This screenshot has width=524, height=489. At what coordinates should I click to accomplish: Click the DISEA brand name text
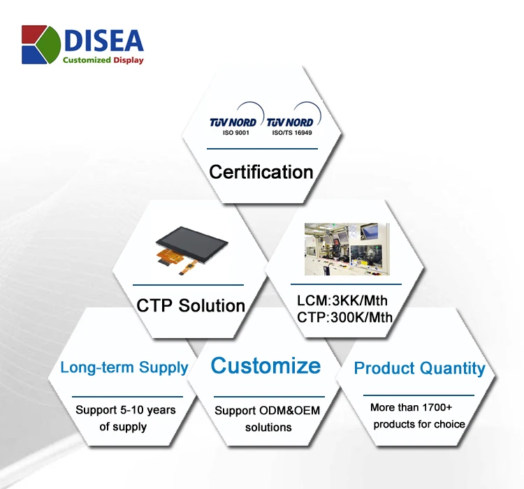coord(104,41)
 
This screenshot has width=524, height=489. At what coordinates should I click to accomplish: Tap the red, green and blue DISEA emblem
coord(41,45)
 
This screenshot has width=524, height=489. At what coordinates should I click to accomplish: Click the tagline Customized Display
coord(103,60)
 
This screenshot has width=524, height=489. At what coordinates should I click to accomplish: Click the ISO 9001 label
coord(236,133)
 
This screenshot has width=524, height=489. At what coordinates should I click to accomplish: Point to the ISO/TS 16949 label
coord(292,133)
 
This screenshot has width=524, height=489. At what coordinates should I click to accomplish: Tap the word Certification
coord(261,172)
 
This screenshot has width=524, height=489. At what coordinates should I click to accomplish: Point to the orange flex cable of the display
coord(175,259)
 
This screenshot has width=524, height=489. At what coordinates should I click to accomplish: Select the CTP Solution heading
coord(191,305)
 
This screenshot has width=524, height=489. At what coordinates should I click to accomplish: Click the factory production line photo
coord(347,249)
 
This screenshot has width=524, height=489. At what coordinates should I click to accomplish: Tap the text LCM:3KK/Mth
coord(342,300)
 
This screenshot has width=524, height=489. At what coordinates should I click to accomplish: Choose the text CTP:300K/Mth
coord(344,317)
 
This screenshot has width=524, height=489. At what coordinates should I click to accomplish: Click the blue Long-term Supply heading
coord(124,367)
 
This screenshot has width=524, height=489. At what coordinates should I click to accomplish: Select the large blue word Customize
coord(265,365)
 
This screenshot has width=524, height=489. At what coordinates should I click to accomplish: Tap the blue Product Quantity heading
coord(419,368)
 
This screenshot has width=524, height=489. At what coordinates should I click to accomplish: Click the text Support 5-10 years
coord(126,410)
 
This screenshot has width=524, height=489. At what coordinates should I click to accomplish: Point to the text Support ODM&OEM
coord(268,411)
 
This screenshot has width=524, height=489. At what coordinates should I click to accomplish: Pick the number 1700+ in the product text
coord(437,407)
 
